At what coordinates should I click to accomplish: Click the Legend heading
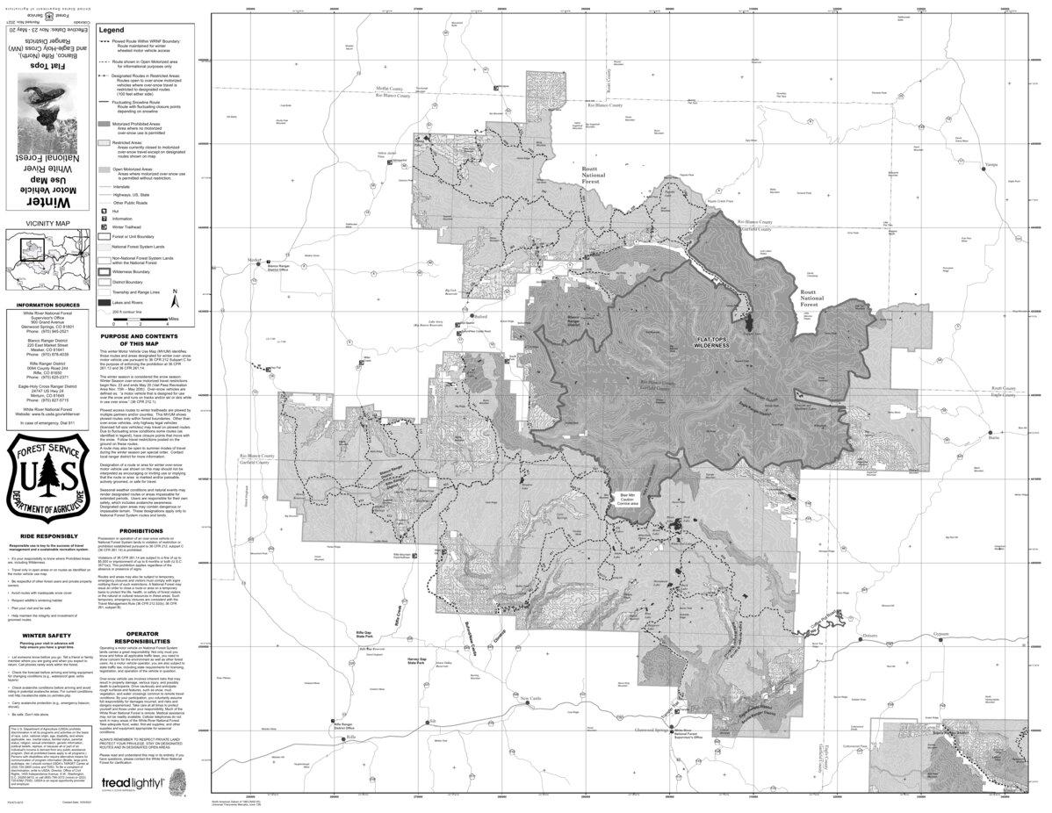pyautogui.click(x=113, y=30)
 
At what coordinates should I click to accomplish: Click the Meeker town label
pyautogui.click(x=255, y=260)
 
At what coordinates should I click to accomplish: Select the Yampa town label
pyautogui.click(x=967, y=163)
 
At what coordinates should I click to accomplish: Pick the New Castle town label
pyautogui.click(x=533, y=699)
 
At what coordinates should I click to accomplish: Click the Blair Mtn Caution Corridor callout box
pyautogui.click(x=623, y=497)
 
